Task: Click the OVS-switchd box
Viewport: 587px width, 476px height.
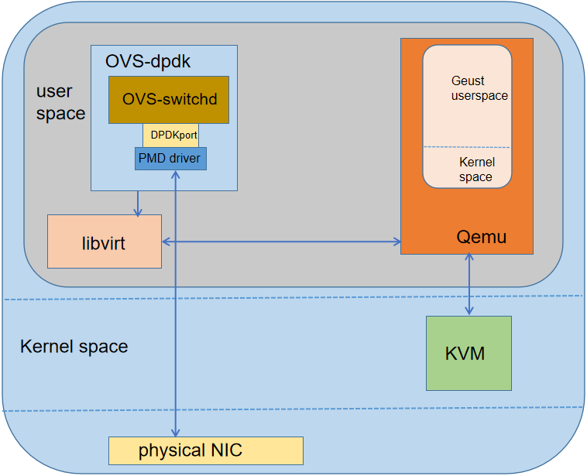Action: click(168, 100)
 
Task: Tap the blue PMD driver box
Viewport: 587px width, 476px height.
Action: click(170, 159)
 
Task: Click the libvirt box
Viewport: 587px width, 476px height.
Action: click(105, 242)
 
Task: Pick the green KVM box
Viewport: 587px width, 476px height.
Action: click(469, 353)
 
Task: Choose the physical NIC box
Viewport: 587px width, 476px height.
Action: click(205, 450)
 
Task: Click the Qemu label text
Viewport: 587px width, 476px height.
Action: click(482, 237)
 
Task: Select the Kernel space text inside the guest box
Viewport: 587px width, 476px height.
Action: click(475, 170)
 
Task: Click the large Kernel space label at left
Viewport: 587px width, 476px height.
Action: click(74, 346)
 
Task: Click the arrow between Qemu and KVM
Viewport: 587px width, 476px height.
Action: click(468, 285)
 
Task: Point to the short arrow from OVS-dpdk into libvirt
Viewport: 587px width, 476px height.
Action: click(138, 203)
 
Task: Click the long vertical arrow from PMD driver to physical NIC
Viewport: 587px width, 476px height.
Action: click(177, 310)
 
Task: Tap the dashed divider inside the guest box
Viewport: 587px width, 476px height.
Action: click(466, 147)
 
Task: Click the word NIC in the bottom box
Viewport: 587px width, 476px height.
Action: click(226, 450)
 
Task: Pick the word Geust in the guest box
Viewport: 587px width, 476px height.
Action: click(468, 80)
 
